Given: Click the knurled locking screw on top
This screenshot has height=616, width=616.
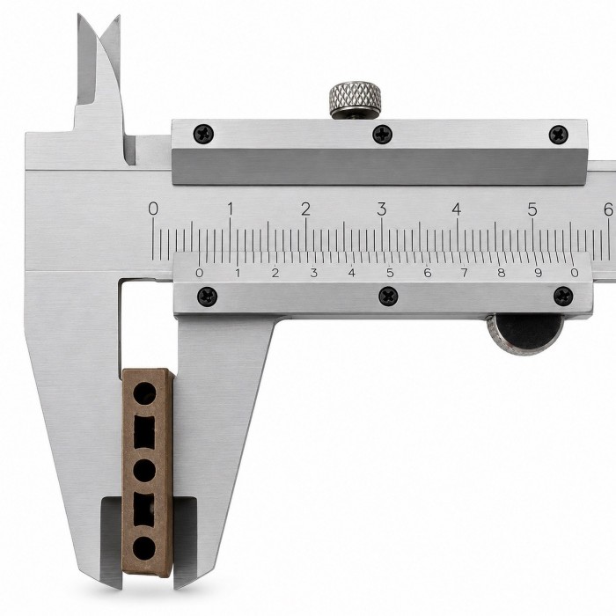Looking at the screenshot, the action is pos(356,99).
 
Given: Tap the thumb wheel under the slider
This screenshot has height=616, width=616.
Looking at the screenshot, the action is pos(525,334).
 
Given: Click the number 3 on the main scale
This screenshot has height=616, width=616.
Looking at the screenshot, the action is pos(381,209).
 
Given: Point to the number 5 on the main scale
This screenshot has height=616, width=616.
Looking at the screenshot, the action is pos(532,209).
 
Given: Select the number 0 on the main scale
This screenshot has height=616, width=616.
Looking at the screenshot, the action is pos(153,209).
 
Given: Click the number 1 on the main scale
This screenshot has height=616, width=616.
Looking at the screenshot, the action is pos(231,209).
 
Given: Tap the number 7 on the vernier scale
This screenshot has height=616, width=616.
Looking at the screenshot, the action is pos(465,273).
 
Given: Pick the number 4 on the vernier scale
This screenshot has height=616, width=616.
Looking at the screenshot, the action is pos(352,273).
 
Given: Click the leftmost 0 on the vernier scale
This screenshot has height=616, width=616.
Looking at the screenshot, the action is pos(200,273).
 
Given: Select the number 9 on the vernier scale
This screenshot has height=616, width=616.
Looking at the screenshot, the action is pos(539,273).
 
